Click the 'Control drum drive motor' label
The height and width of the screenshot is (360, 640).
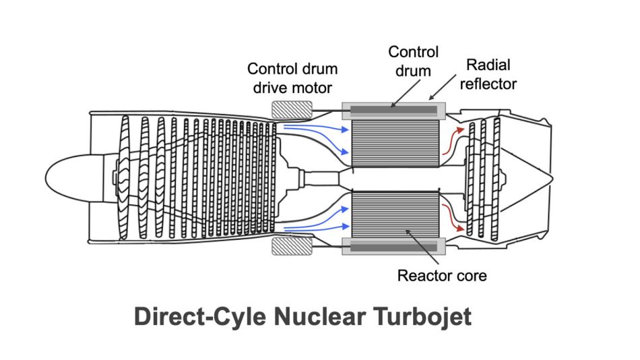click(292, 78)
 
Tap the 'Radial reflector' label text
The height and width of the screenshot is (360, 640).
click(488, 74)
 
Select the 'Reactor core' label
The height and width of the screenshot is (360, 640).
click(442, 276)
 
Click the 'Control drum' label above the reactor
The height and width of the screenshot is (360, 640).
click(413, 61)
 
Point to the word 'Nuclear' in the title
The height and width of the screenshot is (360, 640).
click(319, 317)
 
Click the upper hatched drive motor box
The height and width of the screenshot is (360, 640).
click(292, 110)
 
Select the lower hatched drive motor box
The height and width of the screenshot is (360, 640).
click(292, 246)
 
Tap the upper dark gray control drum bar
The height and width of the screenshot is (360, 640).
click(393, 110)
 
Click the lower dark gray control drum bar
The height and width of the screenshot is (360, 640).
click(393, 247)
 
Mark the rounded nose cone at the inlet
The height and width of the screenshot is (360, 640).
click(73, 178)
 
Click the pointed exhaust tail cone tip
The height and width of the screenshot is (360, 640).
click(552, 178)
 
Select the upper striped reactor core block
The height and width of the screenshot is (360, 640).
click(395, 143)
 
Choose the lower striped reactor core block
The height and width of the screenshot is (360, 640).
click(395, 214)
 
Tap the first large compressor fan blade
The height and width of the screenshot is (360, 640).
click(123, 177)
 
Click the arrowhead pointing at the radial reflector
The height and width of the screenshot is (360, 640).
click(430, 98)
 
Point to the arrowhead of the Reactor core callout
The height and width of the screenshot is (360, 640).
click(407, 232)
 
